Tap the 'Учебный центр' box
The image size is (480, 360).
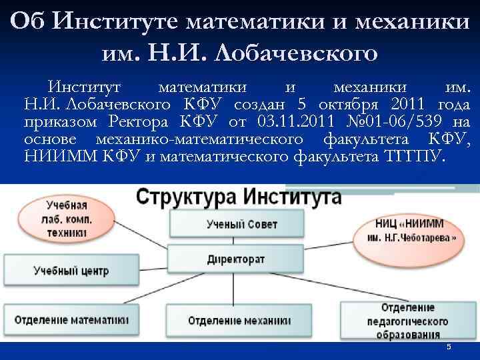(x=71, y=271)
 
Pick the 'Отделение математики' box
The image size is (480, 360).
(x=71, y=319)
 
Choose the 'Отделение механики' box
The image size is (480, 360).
(x=239, y=320)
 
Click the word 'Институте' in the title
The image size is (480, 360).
(x=117, y=22)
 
